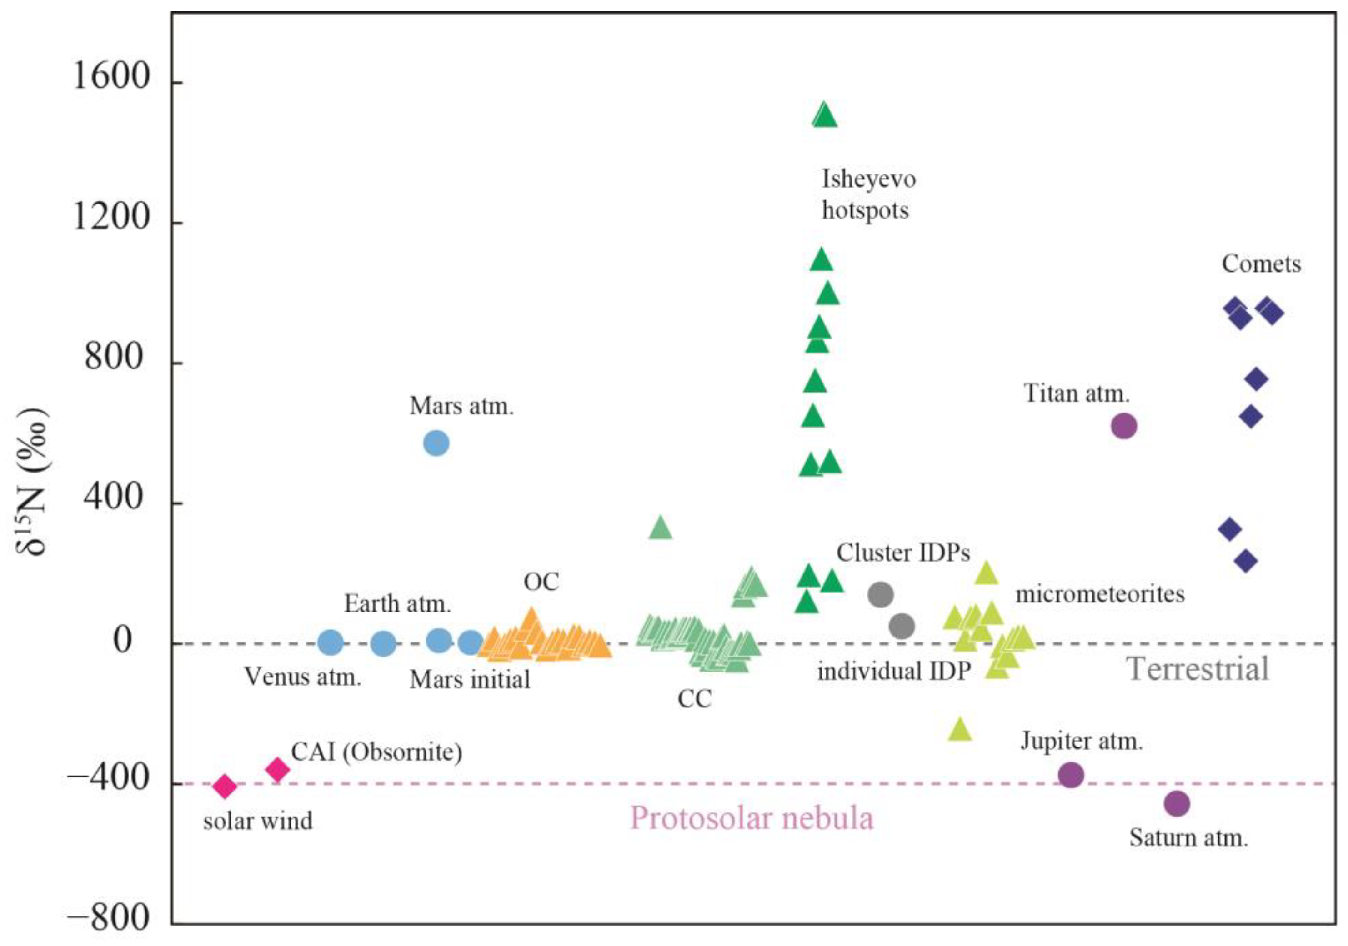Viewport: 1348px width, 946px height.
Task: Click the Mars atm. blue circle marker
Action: (x=436, y=443)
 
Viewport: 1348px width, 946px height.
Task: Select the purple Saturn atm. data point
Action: (x=1177, y=803)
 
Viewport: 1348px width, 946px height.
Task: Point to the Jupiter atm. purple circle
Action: (x=1070, y=775)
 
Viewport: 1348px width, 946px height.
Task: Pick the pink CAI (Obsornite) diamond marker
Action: (x=278, y=769)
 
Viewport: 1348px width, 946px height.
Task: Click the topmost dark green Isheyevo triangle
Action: (x=825, y=115)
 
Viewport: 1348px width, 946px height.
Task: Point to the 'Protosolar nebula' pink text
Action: (x=752, y=818)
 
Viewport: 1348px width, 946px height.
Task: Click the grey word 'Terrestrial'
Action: (x=1198, y=669)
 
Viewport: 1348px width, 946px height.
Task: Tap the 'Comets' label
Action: (x=1261, y=264)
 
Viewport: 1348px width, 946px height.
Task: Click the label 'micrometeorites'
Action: (x=1100, y=594)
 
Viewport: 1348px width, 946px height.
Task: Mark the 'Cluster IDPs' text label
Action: (x=903, y=553)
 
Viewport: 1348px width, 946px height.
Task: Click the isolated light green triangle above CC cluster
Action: (x=661, y=528)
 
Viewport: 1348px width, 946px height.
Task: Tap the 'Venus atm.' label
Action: (x=302, y=677)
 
